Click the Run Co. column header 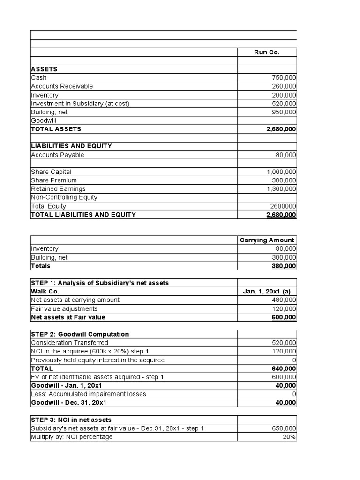pyautogui.click(x=267, y=52)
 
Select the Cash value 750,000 pyautogui.click(x=284, y=78)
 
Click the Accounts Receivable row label pyautogui.click(x=62, y=86)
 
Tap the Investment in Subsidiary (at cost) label pyautogui.click(x=80, y=104)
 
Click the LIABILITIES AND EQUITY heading pyautogui.click(x=71, y=146)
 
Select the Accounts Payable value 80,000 pyautogui.click(x=286, y=155)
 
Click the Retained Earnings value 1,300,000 pyautogui.click(x=281, y=189)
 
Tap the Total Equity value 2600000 pyautogui.click(x=283, y=206)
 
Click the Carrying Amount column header pyautogui.click(x=267, y=240)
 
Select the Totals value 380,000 pyautogui.click(x=284, y=266)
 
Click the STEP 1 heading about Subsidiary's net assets pyautogui.click(x=100, y=283)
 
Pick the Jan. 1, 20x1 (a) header pyautogui.click(x=267, y=291)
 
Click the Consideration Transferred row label pyautogui.click(x=69, y=343)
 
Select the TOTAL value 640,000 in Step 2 pyautogui.click(x=284, y=368)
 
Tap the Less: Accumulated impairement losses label pyautogui.click(x=89, y=394)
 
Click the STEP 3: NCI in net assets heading pyautogui.click(x=71, y=420)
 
